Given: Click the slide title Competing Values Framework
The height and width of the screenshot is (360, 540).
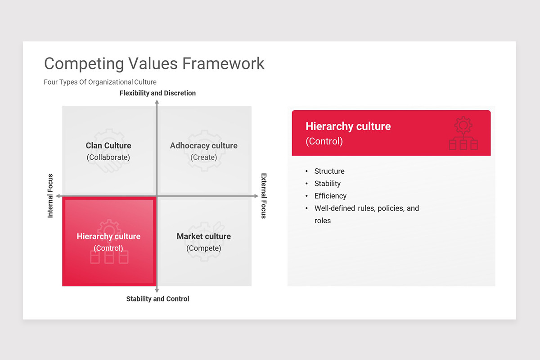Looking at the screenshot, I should [154, 63].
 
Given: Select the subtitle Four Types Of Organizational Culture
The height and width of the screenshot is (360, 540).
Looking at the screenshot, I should [100, 82].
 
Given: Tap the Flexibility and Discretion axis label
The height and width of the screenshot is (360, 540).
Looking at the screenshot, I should [157, 93].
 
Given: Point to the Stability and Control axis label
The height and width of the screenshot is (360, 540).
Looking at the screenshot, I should [157, 299].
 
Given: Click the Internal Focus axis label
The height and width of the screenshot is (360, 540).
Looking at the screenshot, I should [50, 196].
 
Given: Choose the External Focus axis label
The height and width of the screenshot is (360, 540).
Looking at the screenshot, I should [264, 196].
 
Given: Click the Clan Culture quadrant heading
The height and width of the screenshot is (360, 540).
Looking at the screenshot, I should [108, 146].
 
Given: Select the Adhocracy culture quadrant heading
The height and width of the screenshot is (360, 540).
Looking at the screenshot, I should [203, 146].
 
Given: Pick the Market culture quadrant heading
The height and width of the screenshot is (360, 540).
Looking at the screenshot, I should [203, 236].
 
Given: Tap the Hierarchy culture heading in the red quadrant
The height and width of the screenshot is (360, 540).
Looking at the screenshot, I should [108, 236].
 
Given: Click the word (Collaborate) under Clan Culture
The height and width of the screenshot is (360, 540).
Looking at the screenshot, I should [108, 157].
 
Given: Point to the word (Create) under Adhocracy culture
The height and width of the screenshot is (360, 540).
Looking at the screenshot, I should [203, 157].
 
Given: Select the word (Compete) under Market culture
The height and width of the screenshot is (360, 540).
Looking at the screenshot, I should [203, 248].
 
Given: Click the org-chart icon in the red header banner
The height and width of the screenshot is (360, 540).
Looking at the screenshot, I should [463, 134].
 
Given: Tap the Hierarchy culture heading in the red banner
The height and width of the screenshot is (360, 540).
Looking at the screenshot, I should [348, 126].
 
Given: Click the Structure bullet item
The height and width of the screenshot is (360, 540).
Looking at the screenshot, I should [329, 171].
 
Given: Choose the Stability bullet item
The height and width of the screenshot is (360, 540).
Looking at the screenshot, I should [328, 184].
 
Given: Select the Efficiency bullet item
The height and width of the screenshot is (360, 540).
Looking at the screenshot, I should [330, 196].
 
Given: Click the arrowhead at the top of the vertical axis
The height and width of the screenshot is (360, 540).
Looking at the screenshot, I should [157, 103].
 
